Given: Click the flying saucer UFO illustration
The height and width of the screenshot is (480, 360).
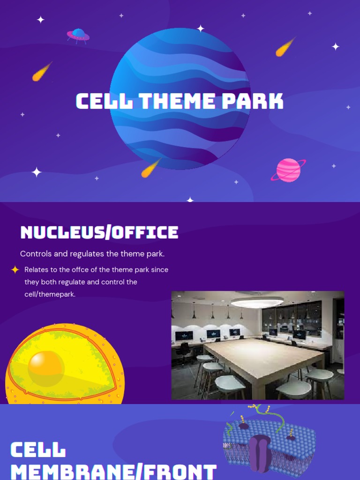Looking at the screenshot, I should pos(78,35).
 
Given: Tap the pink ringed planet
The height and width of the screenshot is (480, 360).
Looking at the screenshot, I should pos(288,170).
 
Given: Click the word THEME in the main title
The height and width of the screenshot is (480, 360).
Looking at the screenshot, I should pos(176,101).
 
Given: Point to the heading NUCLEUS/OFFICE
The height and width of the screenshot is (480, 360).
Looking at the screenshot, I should pos(99,232).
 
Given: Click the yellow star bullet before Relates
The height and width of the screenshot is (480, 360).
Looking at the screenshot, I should pos(15,270).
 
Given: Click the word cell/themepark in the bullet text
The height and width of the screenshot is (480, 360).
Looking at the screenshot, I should pos(50,294).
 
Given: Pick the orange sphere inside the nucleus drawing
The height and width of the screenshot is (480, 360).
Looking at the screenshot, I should pos(45,368).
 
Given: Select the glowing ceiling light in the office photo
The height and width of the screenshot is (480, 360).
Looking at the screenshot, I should pos(257,302).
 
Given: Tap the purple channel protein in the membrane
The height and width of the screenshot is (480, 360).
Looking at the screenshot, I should pos(260,453).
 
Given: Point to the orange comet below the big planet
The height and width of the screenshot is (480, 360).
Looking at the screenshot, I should pos(151,168).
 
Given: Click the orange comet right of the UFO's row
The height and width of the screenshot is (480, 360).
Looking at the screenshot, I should pos(285,47).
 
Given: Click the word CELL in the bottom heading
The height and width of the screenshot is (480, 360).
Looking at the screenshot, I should pos(38,450).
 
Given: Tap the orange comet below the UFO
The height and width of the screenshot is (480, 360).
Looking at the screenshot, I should pos(41,72).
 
